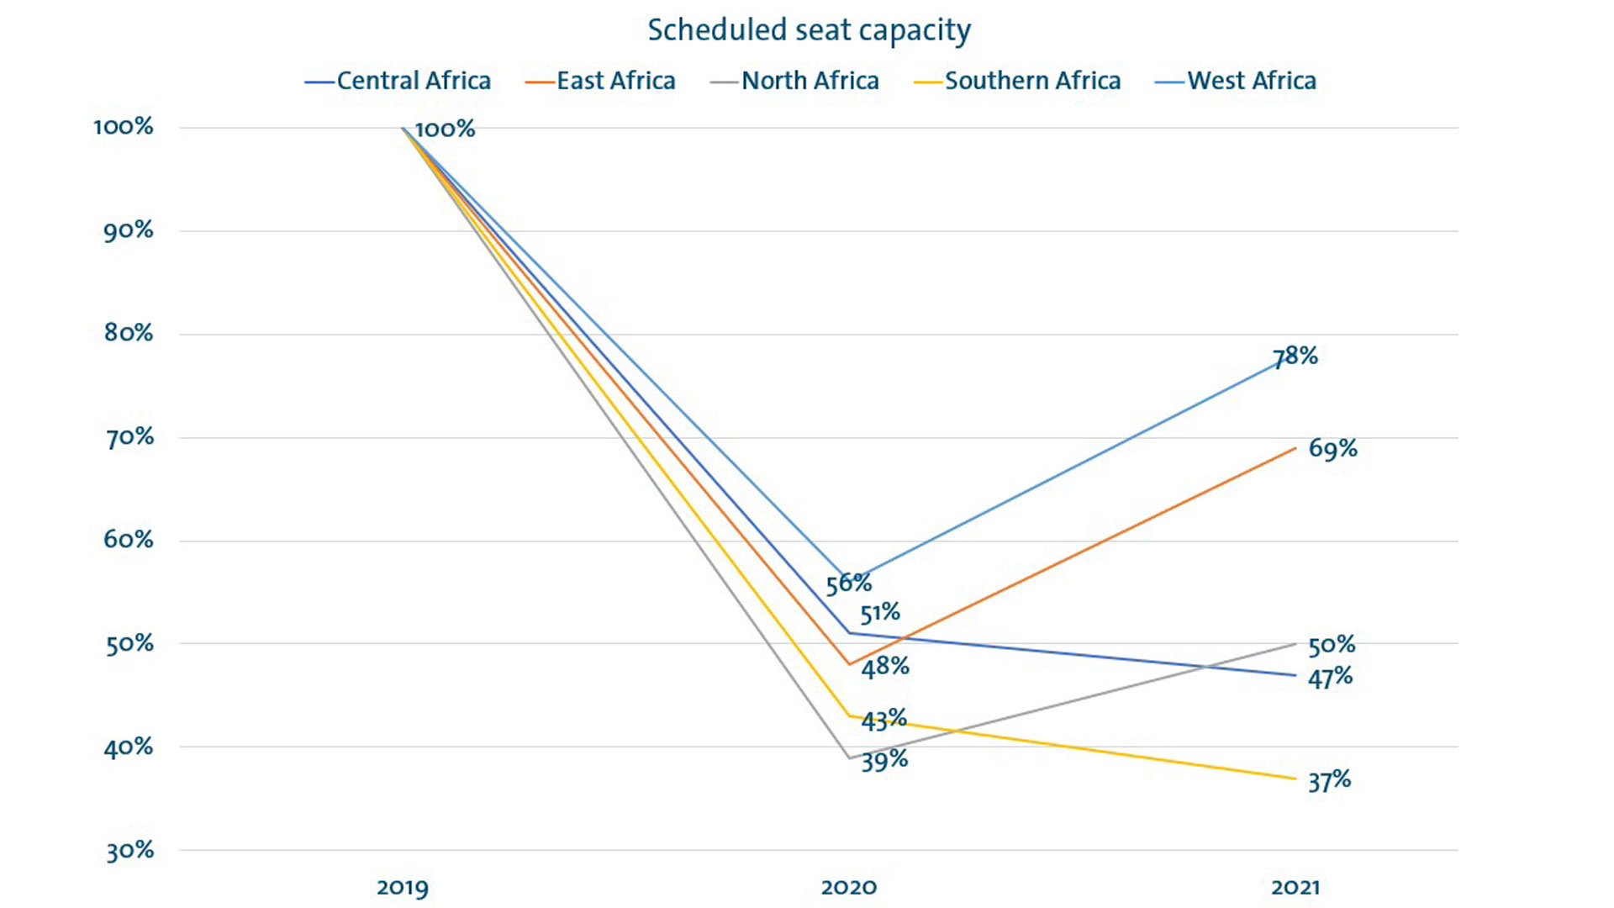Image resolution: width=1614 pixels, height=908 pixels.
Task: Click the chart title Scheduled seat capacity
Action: pos(809,30)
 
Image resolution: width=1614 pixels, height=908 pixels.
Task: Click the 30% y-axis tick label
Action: pos(129,851)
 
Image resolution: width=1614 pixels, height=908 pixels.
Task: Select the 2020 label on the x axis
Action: pos(848,887)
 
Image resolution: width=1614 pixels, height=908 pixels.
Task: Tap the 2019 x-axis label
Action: pos(402,887)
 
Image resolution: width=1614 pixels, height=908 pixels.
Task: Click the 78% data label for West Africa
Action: pos(1295,356)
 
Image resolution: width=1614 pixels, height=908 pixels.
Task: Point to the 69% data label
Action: pos(1332,449)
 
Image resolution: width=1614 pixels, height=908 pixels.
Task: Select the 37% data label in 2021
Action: pos(1329,781)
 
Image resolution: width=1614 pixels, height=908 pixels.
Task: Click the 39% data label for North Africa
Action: pos(884,760)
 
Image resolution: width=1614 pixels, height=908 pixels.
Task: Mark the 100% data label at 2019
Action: pos(445,129)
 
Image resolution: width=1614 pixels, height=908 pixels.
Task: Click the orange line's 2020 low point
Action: pos(850,664)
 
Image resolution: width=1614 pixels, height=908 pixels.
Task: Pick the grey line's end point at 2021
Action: pos(1295,644)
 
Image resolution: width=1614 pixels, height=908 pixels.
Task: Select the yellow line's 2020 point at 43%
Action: pos(850,716)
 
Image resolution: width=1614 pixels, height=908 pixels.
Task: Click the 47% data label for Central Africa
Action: pos(1330,678)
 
